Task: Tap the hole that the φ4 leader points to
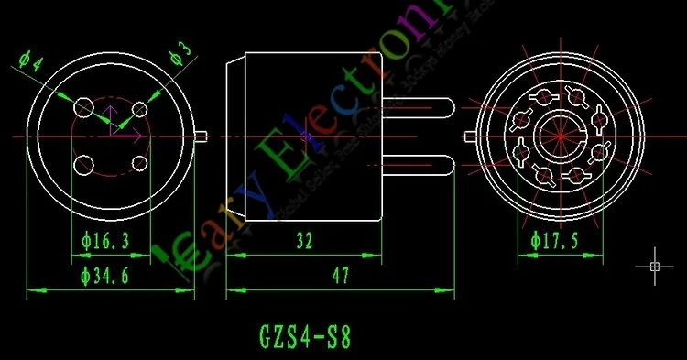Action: pos(83,107)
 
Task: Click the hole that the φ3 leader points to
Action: pos(140,109)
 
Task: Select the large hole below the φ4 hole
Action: pos(83,166)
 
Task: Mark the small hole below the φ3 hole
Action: pos(140,163)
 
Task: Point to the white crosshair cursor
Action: pos(654,266)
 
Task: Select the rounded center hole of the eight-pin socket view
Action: pos(559,136)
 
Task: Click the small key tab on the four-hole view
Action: pos(201,136)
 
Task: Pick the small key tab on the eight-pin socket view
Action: pos(469,136)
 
